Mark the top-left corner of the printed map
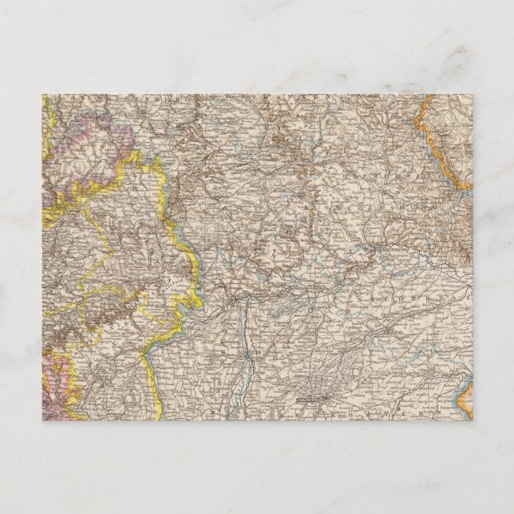point(43,95)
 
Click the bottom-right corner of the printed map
point(472,420)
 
